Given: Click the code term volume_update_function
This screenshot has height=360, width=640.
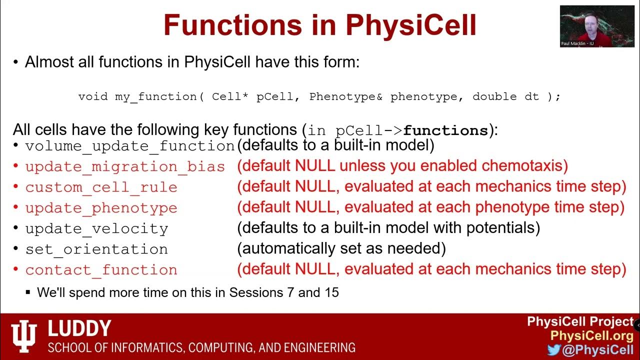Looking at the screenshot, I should (130, 146).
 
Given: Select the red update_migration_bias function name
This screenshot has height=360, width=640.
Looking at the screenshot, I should (125, 166).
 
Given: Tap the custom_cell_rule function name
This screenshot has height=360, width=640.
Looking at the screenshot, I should (101, 187).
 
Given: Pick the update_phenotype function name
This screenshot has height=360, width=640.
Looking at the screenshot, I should (101, 208).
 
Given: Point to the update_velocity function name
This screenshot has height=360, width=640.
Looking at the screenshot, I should (97, 229).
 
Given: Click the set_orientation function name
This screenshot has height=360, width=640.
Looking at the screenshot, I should (97, 249).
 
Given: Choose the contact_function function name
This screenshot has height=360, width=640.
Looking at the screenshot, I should (101, 270).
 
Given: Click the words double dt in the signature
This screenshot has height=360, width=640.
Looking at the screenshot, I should (505, 96).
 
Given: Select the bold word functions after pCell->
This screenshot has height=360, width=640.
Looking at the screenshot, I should (445, 131).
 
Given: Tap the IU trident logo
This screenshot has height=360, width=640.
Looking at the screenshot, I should (24, 334).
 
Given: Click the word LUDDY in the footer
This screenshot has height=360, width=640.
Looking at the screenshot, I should (79, 328).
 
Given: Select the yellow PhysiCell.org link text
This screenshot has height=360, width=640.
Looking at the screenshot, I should (591, 335).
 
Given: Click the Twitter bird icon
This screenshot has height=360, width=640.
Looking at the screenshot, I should (553, 350).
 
